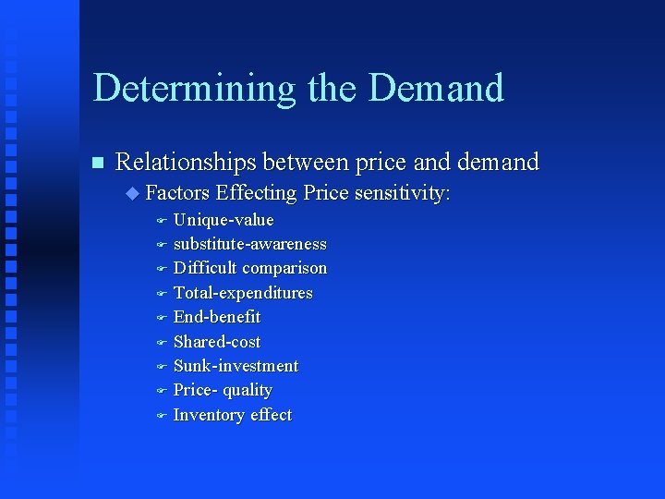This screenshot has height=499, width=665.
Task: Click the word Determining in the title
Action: (x=195, y=89)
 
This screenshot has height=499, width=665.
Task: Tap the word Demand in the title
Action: (x=436, y=89)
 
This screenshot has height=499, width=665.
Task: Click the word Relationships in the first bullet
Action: (x=186, y=163)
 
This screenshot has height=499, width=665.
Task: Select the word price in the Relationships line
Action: (x=374, y=163)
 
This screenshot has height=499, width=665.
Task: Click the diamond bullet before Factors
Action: (x=132, y=193)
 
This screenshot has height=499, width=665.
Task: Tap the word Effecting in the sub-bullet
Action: (x=256, y=193)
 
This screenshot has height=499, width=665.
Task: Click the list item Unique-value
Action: (x=224, y=220)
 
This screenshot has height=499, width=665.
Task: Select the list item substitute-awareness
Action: (x=249, y=244)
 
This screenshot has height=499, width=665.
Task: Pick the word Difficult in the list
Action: (x=205, y=268)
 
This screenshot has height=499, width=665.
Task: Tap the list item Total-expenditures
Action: (x=243, y=293)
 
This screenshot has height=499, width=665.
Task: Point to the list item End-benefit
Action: (x=217, y=317)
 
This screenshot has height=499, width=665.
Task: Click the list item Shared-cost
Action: (x=217, y=342)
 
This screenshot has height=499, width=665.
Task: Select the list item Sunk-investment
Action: (x=236, y=366)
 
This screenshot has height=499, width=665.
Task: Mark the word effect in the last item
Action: (x=271, y=415)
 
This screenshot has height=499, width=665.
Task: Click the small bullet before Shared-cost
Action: (x=160, y=343)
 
